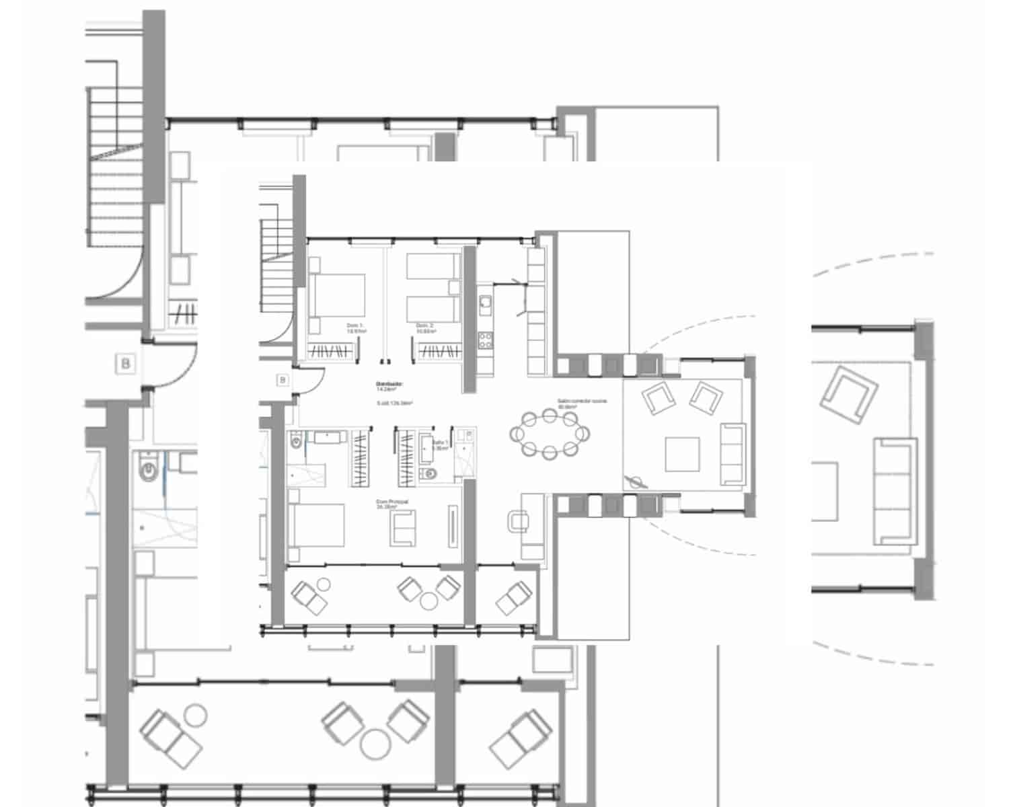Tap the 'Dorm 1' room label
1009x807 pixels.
pos(355,328)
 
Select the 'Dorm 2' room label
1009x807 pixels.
pos(424,328)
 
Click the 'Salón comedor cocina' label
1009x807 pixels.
pos(582,402)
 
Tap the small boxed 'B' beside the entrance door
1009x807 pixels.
pos(283,380)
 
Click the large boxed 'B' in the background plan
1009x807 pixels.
pos(125,364)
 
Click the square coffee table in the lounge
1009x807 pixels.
pos(682,454)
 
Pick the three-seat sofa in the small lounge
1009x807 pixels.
pos(733,454)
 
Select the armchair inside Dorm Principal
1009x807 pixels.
pos(404,525)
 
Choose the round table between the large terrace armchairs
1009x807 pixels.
pos(371,744)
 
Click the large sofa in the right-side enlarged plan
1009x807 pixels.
pos(895,491)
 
